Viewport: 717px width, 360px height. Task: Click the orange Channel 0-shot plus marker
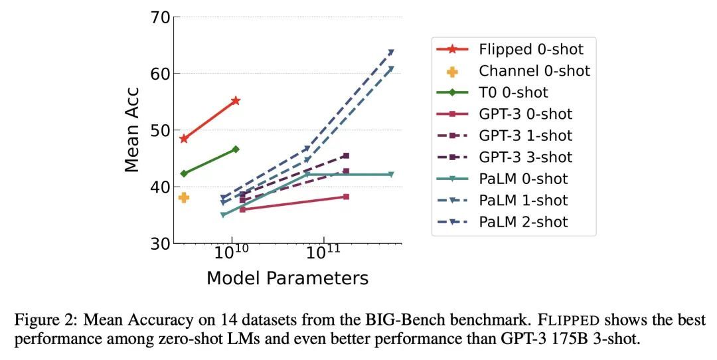coord(184,198)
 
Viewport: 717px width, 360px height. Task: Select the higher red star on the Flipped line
coord(236,101)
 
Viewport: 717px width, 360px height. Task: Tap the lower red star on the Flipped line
coord(184,139)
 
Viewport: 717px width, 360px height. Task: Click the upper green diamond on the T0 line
coord(236,149)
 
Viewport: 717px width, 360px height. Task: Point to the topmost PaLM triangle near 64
coord(391,52)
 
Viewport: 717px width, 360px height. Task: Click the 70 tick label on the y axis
coord(160,17)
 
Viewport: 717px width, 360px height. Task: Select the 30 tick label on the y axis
coord(160,243)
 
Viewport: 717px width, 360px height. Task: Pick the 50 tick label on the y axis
coord(160,130)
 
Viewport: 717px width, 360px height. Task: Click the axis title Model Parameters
coord(287,278)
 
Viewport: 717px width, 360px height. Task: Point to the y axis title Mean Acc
coord(131,130)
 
